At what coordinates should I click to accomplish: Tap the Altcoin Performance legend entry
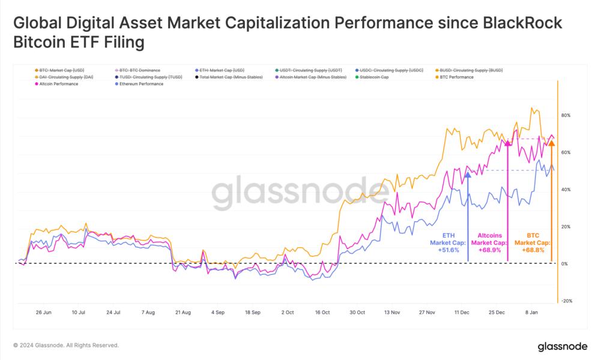click(58, 84)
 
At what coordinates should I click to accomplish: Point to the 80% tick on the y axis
click(566, 115)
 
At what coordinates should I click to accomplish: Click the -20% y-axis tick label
click(566, 301)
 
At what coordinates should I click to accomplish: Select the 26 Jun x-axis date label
click(43, 313)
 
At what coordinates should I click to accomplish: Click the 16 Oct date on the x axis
click(322, 313)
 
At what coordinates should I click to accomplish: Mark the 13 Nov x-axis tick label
click(391, 313)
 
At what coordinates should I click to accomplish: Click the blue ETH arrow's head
click(467, 174)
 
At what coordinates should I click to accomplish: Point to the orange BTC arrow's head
click(552, 143)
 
